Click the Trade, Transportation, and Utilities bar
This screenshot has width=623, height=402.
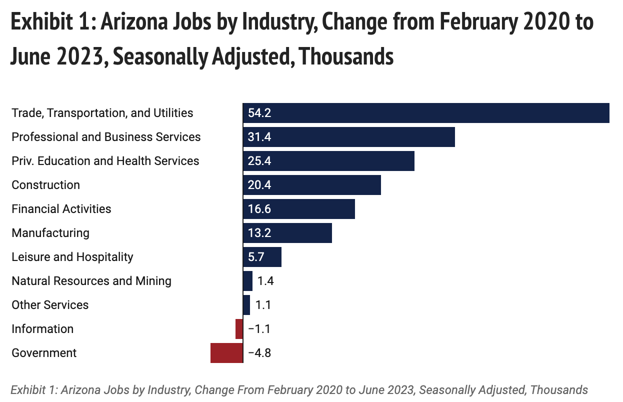(x=426, y=113)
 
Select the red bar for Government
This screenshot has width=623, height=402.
(x=226, y=353)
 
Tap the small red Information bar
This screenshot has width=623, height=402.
(x=239, y=329)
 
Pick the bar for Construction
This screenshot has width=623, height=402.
(x=312, y=185)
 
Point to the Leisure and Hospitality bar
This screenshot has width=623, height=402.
(x=262, y=257)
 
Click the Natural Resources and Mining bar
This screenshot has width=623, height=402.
(x=247, y=281)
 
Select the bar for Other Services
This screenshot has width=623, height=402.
(x=246, y=305)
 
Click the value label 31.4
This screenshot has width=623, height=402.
(x=259, y=137)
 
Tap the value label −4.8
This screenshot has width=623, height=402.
(x=259, y=353)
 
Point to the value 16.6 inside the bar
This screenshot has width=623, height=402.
(x=259, y=209)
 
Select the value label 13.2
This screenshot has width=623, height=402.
(x=259, y=233)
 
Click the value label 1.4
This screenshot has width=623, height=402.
(x=265, y=281)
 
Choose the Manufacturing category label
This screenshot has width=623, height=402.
(x=50, y=233)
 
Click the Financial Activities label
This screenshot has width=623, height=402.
(x=61, y=209)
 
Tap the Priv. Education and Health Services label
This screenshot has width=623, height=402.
(x=105, y=161)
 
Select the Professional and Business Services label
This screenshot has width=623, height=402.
(x=106, y=137)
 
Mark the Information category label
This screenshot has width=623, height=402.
(x=42, y=329)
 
